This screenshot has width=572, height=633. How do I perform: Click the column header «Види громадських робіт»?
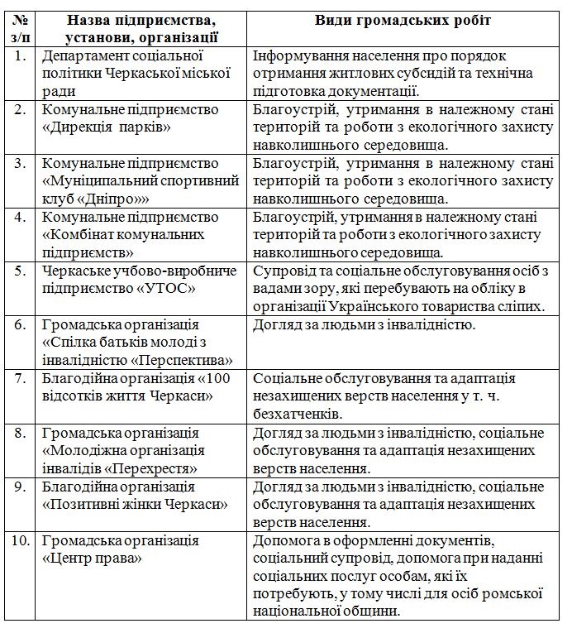point(403,20)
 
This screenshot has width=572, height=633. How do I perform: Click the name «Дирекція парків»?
point(107,127)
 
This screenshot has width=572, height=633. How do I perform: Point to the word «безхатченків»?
point(295,413)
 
